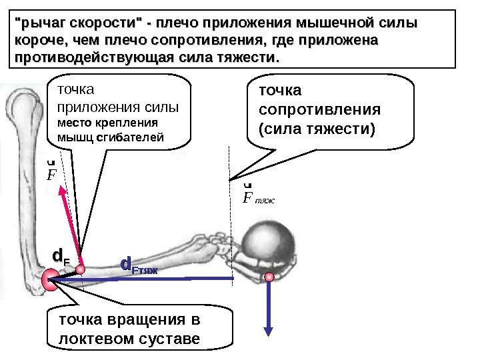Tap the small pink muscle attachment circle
click(x=81, y=269)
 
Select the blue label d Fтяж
click(x=138, y=266)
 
